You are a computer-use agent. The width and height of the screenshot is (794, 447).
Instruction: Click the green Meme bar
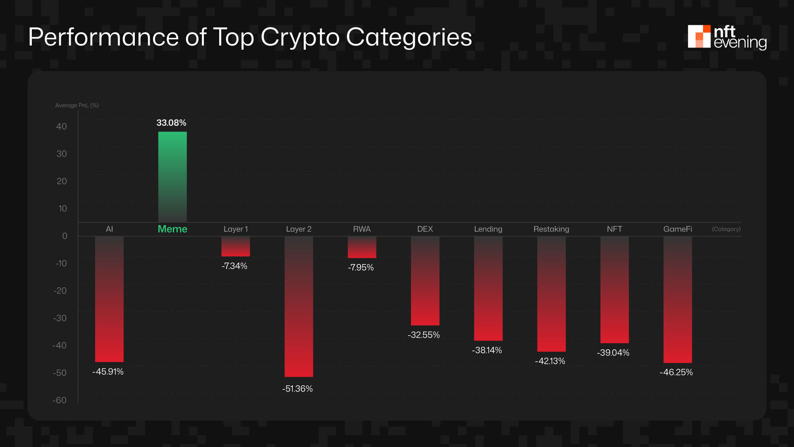click(172, 177)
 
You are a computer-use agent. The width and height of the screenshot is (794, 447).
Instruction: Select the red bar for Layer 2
click(299, 306)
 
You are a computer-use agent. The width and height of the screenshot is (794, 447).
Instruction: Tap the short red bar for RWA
click(362, 247)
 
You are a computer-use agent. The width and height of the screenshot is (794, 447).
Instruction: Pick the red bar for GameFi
click(677, 300)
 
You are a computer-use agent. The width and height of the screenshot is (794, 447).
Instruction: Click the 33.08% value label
click(171, 123)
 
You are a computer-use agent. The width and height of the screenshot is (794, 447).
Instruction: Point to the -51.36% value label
click(297, 389)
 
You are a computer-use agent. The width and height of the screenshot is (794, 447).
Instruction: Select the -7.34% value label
click(234, 266)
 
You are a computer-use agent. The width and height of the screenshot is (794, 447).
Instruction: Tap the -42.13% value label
click(550, 361)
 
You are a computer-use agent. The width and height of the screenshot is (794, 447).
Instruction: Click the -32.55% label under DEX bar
click(423, 335)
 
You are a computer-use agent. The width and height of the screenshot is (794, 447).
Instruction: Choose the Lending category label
click(488, 229)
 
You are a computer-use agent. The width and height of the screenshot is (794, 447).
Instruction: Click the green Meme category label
click(172, 229)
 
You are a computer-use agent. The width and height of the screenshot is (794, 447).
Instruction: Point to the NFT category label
click(614, 229)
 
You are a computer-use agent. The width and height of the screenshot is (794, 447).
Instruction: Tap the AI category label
click(109, 229)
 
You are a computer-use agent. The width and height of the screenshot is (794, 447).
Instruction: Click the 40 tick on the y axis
click(61, 127)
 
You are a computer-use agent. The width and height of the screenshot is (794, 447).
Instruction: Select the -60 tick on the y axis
click(60, 400)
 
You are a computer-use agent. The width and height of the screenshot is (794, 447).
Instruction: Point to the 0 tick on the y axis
click(65, 236)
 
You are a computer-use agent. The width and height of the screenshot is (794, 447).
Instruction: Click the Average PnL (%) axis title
click(77, 106)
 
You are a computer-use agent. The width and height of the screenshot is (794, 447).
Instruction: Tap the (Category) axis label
click(726, 229)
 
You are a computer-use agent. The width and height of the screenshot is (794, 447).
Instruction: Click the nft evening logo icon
click(698, 36)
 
